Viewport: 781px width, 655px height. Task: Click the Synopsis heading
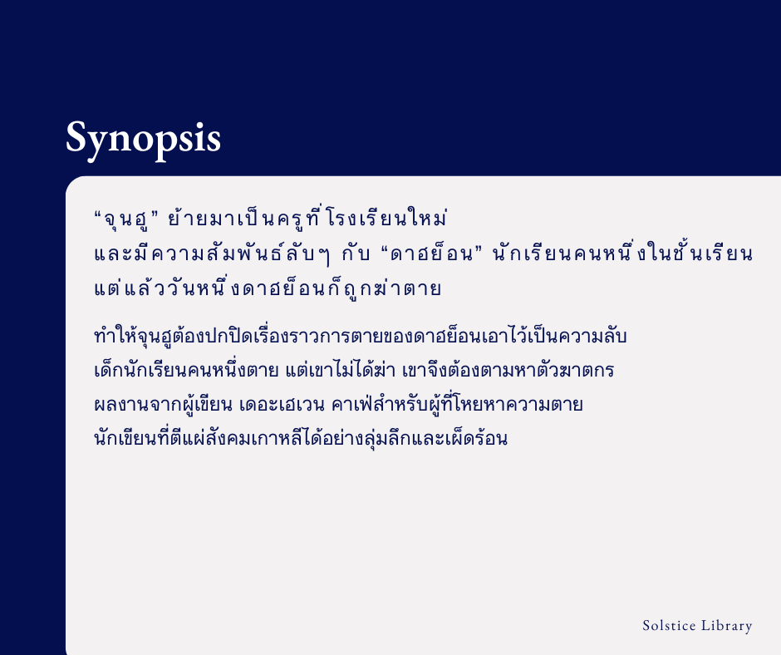click(x=143, y=138)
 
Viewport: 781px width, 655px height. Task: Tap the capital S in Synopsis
click(x=77, y=137)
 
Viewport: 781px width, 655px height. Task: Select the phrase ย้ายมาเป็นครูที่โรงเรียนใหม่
click(x=307, y=220)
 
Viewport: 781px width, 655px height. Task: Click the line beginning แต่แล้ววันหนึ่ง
click(x=267, y=289)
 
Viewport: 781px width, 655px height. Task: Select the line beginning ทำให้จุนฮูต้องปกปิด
click(x=361, y=337)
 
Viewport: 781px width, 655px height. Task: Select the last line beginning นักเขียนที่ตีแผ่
click(x=301, y=438)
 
